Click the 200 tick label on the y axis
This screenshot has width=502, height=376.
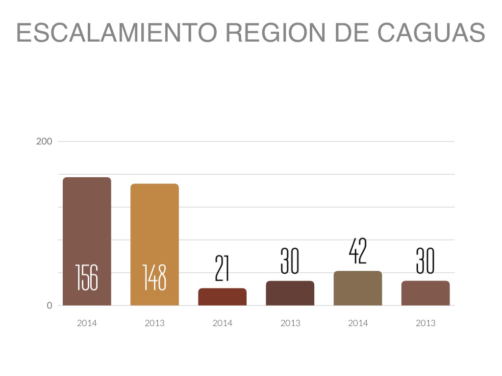point(44,141)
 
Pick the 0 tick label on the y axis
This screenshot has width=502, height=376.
point(50,305)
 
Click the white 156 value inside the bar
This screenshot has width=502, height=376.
point(87,277)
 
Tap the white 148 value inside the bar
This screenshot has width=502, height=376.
point(154,277)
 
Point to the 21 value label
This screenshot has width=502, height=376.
point(222,269)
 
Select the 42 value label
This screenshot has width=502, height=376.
point(357,252)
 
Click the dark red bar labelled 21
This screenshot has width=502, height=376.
point(222,297)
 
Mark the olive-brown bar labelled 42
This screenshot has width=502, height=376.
point(357,288)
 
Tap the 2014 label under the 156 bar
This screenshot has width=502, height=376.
point(87,323)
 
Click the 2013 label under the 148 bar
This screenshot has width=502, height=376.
point(154,323)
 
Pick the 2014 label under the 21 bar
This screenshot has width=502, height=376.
point(222,323)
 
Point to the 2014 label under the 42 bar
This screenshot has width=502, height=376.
point(357,323)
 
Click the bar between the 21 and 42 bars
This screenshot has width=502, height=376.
point(290,293)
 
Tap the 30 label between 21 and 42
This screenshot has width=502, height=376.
point(290,261)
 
